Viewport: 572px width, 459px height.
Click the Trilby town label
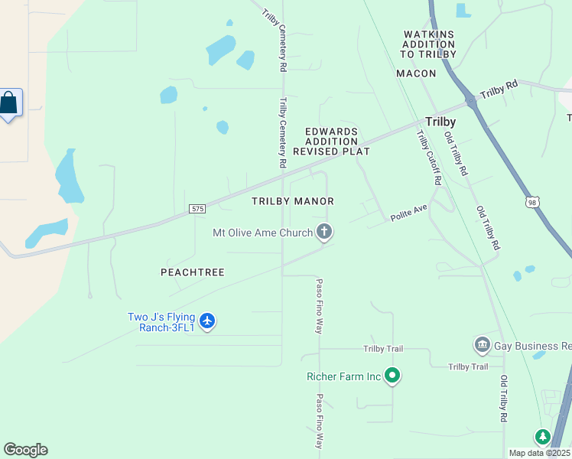(x=440, y=122)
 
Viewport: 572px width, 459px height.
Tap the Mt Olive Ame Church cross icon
(x=324, y=232)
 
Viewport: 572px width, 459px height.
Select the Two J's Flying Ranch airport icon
(x=207, y=321)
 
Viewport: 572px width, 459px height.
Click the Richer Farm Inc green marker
(x=392, y=376)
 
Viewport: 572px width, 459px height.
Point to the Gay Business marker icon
(x=482, y=346)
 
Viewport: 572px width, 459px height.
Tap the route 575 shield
(x=197, y=208)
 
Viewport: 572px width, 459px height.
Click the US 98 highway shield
(x=534, y=201)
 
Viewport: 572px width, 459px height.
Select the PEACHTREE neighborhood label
(x=193, y=272)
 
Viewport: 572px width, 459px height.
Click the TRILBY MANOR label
(x=293, y=201)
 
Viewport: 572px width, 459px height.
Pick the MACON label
(x=416, y=73)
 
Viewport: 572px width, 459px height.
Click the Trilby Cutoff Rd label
(x=429, y=158)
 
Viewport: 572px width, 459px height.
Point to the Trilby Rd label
(x=499, y=89)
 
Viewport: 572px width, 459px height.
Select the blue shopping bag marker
(x=9, y=103)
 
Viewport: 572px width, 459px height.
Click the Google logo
(x=25, y=450)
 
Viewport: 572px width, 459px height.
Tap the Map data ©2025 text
(x=540, y=453)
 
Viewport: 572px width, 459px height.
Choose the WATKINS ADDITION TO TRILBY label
(x=429, y=44)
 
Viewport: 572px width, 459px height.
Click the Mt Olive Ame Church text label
(x=262, y=233)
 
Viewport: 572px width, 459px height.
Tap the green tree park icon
(x=543, y=437)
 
